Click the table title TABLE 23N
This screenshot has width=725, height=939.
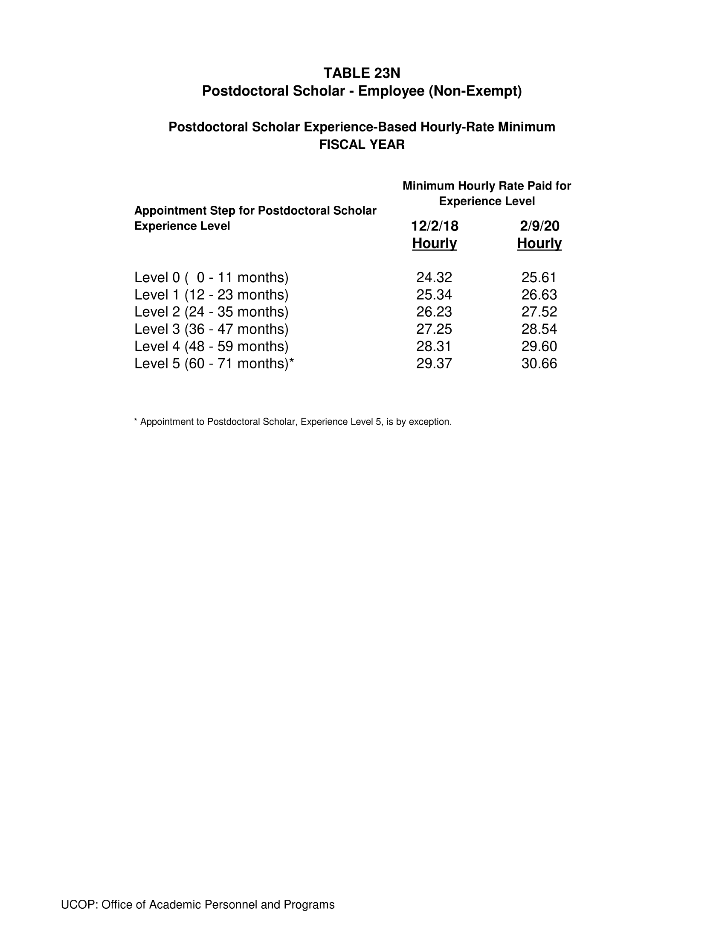[x=362, y=73]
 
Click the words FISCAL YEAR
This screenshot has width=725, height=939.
[x=362, y=144]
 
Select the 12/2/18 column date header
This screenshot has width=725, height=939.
[x=434, y=226]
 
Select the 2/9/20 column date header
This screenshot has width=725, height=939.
[x=539, y=226]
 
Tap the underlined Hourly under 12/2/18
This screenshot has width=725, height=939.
[x=434, y=243]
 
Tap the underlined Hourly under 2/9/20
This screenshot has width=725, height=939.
[x=539, y=243]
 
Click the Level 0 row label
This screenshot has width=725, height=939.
[x=211, y=277]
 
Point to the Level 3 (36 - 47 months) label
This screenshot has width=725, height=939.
[x=211, y=329]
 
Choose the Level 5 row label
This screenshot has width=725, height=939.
[x=214, y=363]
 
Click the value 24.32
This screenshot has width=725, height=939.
[x=434, y=277]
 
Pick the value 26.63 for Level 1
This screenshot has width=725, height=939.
[x=539, y=295]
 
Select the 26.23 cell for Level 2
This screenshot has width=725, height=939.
[x=434, y=312]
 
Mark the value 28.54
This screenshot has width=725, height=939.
[x=539, y=329]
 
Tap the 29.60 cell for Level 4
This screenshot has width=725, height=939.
[x=539, y=346]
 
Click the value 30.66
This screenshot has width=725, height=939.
[x=539, y=363]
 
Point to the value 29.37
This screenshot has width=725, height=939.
[x=434, y=363]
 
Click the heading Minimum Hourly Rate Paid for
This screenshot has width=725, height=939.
[x=487, y=186]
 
